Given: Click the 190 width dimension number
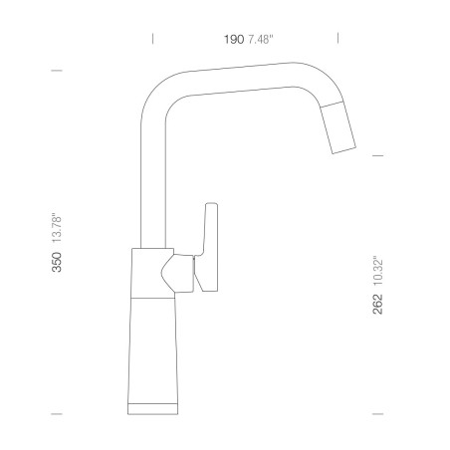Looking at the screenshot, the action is click(234, 39).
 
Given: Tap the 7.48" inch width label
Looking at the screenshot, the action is click(261, 39).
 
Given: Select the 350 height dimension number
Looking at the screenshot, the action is click(57, 262).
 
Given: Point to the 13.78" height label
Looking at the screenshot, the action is click(57, 228).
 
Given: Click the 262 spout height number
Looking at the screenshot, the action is click(377, 304).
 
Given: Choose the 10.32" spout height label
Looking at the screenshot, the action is click(377, 271).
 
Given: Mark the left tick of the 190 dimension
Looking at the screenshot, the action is click(152, 39).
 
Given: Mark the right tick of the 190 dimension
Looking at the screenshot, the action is click(337, 38).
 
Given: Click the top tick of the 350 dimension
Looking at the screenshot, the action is click(57, 71).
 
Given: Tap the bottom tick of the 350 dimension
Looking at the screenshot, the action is click(57, 414).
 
